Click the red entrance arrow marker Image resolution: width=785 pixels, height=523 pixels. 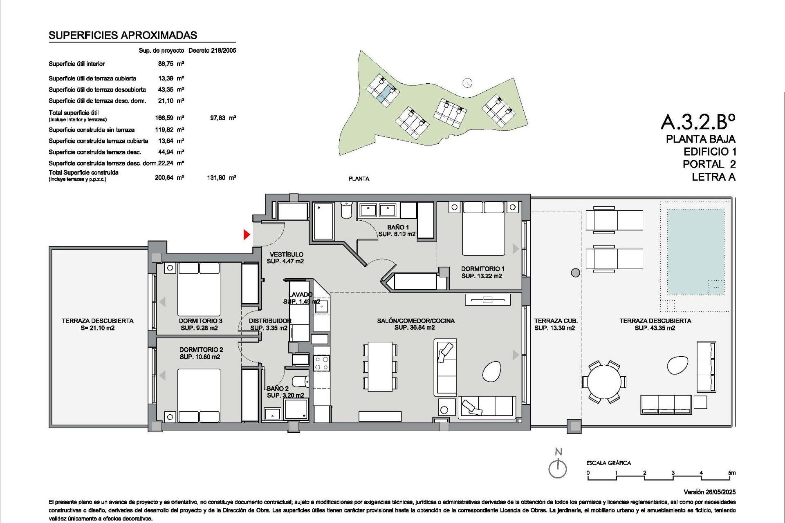247,235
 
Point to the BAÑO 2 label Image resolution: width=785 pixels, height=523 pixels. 278,389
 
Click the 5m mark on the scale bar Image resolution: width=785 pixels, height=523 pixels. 731,473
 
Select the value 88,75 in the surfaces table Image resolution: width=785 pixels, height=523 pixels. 166,64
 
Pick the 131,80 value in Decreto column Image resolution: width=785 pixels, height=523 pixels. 216,178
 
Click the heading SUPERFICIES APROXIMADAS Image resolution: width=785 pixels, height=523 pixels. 123,36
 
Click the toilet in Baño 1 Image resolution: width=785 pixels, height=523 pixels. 346,210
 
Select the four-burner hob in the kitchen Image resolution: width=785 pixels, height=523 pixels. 321,363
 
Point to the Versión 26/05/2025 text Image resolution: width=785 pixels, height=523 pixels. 709,492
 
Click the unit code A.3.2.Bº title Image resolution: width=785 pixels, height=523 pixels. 698,121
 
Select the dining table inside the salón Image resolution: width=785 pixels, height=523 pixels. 380,367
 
